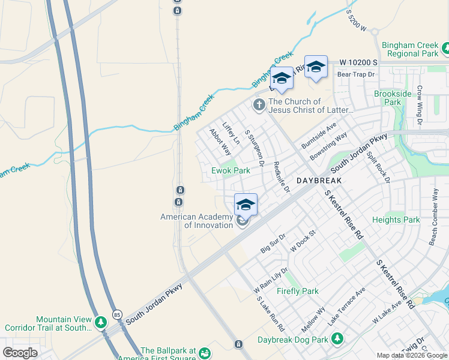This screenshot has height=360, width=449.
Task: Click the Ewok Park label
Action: click(231, 171)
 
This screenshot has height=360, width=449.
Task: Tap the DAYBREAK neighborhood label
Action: click(319, 181)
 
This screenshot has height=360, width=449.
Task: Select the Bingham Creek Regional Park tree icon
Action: click(445, 47)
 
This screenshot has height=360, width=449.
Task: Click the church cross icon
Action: click(259, 106)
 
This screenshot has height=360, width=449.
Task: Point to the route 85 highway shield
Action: click(117, 314)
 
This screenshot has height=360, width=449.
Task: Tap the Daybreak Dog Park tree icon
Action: click(337, 339)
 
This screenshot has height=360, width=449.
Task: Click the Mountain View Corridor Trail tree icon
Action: click(101, 323)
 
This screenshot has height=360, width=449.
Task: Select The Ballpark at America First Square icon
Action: click(205, 353)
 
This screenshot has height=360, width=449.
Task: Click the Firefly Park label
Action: click(297, 291)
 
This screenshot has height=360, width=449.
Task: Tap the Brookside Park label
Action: click(393, 98)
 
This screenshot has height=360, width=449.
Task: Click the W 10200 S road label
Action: click(358, 62)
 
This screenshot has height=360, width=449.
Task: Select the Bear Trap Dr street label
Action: click(356, 74)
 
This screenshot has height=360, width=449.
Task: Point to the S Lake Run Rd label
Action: click(270, 315)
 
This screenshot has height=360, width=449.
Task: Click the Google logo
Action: click(20, 353)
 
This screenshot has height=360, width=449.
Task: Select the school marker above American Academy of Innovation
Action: click(246, 204)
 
